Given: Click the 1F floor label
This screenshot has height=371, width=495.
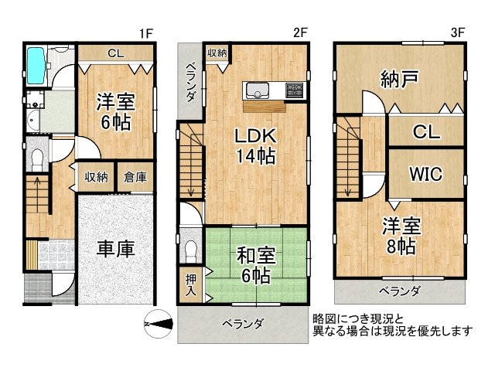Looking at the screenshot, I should point(148,32).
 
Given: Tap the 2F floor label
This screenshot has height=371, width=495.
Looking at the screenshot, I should point(301,32).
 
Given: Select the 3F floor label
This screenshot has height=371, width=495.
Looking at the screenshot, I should point(458,32).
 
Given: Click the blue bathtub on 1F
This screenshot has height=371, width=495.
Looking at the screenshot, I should point(36,67).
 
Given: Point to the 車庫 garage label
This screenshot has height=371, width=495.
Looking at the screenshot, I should point(116,249).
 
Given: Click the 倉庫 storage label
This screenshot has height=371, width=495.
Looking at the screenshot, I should point(136,177).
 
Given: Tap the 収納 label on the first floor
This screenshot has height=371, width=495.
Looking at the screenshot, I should point(97,177).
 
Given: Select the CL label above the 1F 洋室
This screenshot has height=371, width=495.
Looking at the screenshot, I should point(116,54).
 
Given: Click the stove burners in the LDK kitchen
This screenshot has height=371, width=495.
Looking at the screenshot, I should point(295,89).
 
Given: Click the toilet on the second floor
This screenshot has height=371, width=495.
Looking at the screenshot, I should point(190,250).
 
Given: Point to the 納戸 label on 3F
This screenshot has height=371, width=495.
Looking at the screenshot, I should point(399,79).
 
